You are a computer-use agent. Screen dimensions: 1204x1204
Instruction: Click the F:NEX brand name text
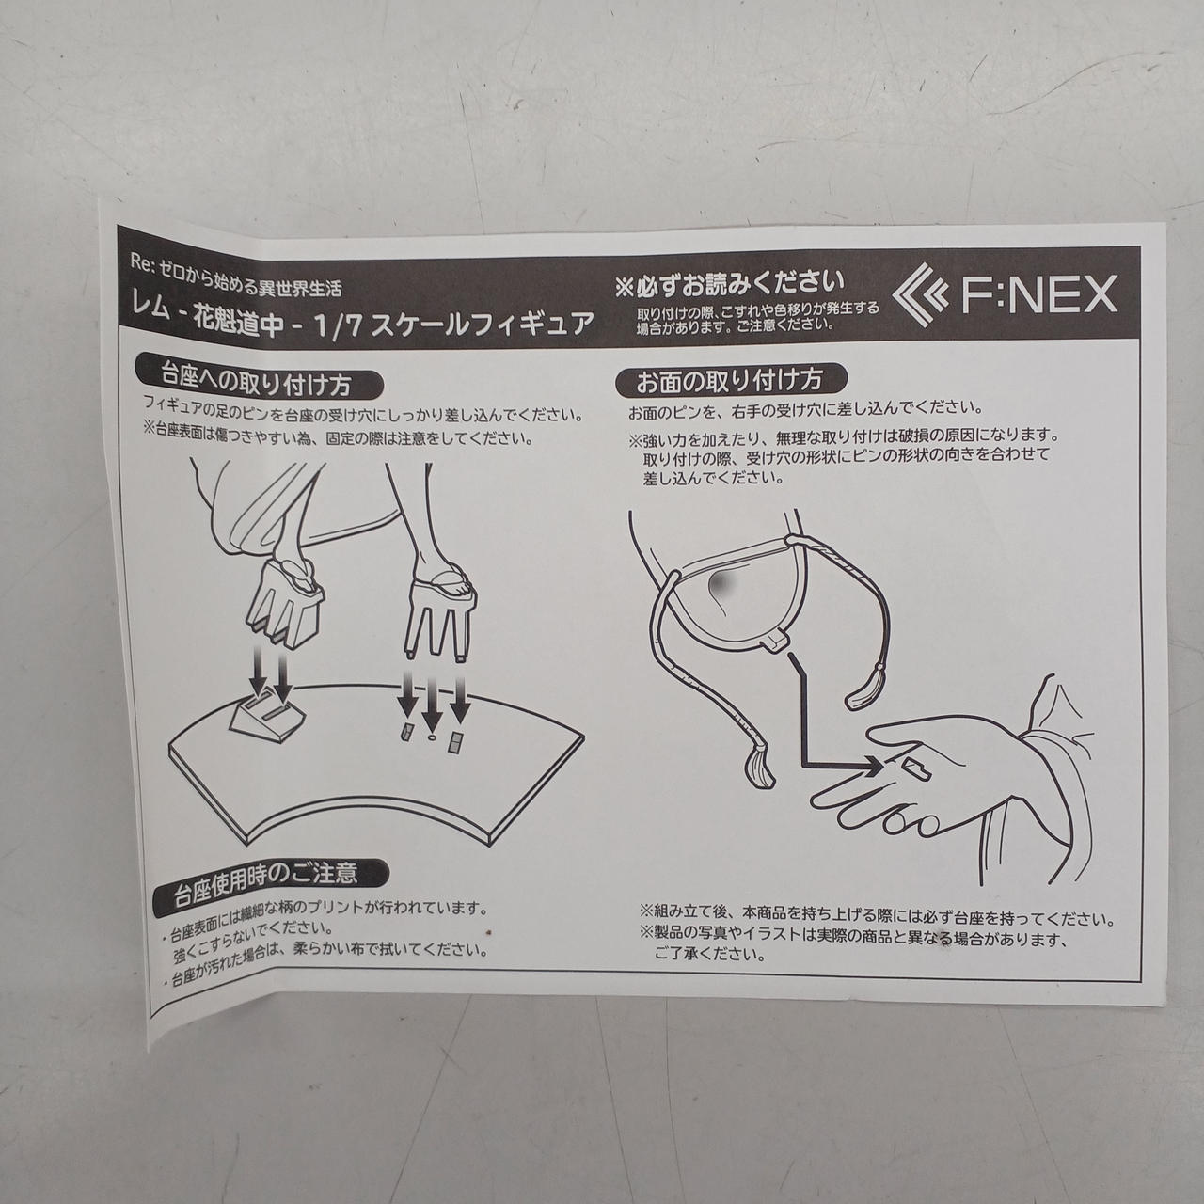1039,294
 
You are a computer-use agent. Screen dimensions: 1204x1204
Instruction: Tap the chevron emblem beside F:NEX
920,293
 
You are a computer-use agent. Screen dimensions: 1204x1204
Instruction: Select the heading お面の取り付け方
729,381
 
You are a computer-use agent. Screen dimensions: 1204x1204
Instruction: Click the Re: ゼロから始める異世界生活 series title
236,278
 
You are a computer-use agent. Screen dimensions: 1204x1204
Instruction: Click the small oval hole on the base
431,738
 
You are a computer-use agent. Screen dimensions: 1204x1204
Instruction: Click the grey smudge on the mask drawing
718,585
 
